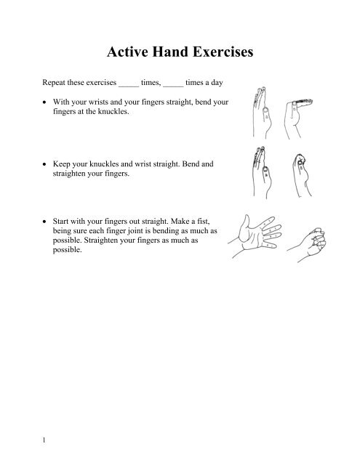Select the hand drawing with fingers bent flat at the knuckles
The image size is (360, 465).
[x=297, y=109]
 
